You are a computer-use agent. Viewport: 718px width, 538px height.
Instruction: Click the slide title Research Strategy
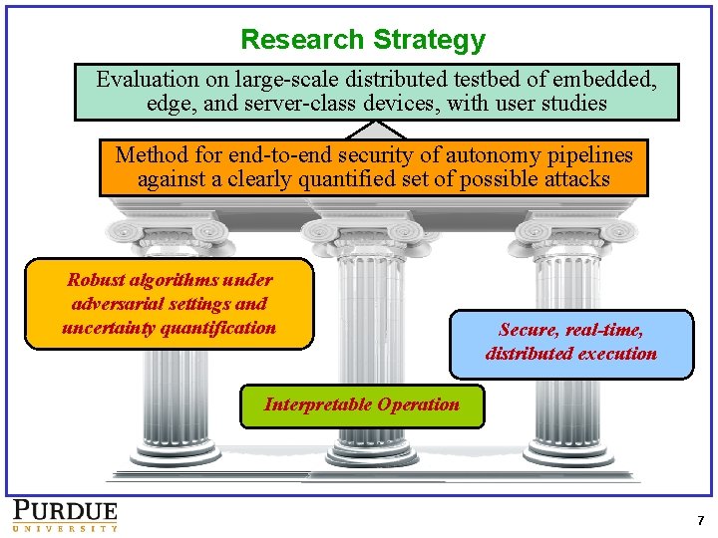pyautogui.click(x=363, y=40)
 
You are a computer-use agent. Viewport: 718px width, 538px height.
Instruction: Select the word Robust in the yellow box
pyautogui.click(x=97, y=281)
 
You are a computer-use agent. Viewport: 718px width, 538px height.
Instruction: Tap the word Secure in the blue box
pyautogui.click(x=529, y=330)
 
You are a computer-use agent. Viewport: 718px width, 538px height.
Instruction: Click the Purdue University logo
pyautogui.click(x=65, y=514)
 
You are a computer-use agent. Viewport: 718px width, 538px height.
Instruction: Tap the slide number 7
pyautogui.click(x=700, y=520)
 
